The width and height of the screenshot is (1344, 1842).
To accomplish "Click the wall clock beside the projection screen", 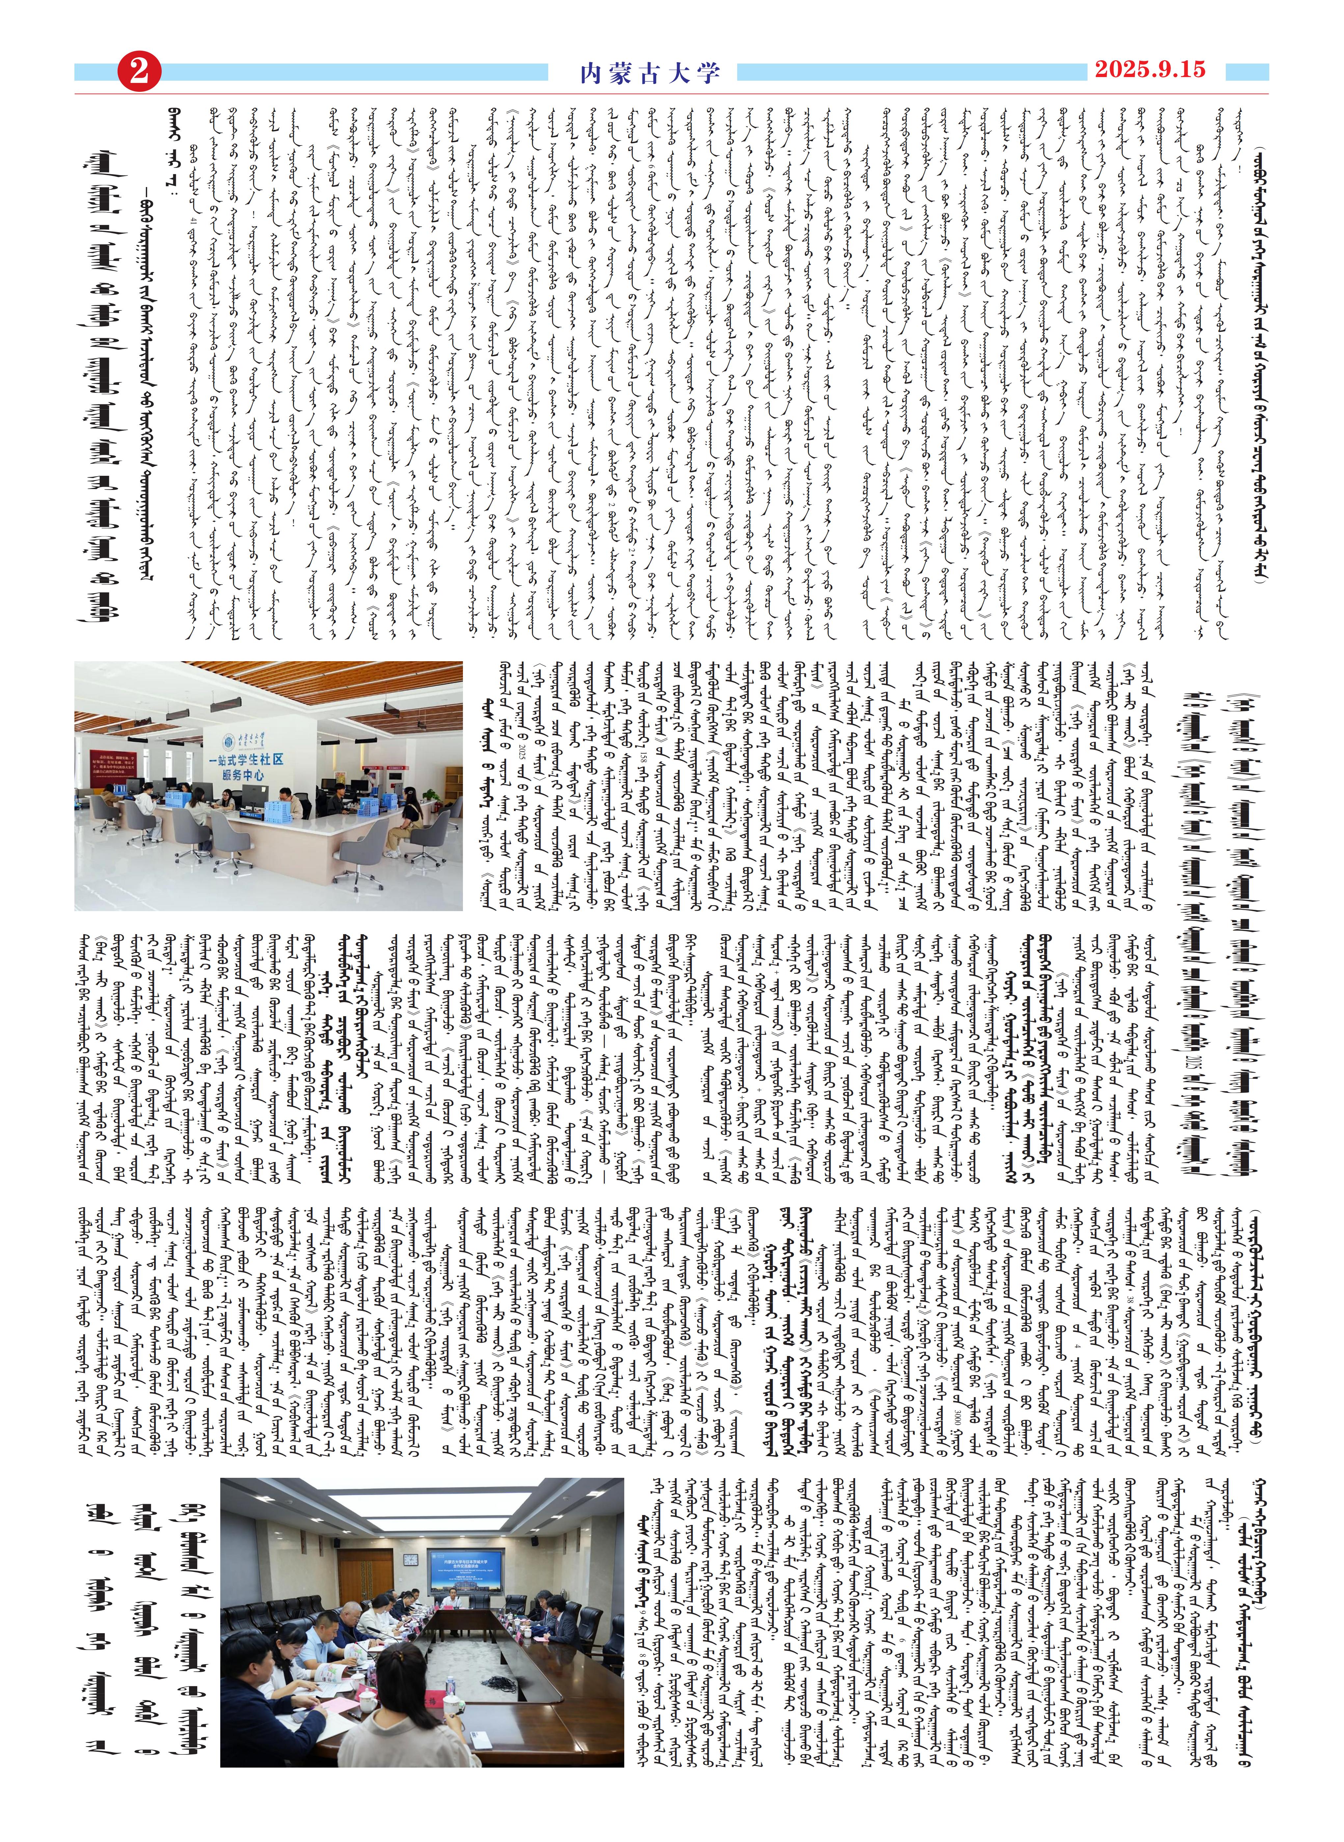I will (x=411, y=1560).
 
